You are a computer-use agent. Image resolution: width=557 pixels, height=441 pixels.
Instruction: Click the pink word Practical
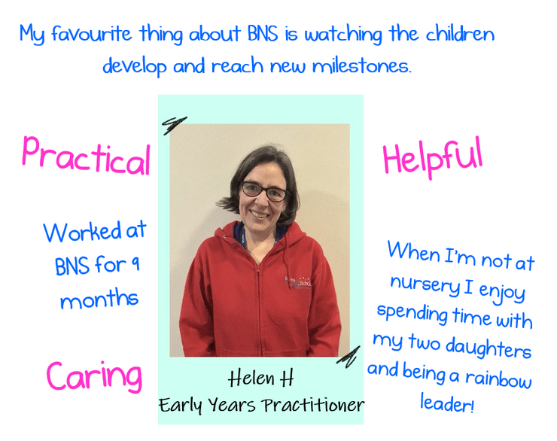(87, 157)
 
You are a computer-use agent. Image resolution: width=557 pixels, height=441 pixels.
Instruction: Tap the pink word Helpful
(433, 157)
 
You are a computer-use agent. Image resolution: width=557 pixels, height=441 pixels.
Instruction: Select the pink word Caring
(94, 377)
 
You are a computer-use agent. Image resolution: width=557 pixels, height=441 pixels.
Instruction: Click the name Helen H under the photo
(260, 378)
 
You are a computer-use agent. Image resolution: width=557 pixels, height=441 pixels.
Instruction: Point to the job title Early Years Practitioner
(261, 405)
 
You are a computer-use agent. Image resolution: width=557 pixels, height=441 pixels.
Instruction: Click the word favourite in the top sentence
(91, 34)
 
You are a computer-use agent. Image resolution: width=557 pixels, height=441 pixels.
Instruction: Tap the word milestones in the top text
(361, 66)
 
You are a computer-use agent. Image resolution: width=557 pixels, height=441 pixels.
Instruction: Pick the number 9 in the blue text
(135, 264)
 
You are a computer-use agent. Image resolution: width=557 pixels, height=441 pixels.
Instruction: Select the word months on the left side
(99, 299)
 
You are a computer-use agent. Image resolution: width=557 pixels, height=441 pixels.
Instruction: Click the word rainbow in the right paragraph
(498, 379)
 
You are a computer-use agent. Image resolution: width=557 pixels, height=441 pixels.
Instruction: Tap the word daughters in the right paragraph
(488, 347)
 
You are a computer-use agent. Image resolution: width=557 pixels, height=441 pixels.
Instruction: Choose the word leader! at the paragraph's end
(447, 403)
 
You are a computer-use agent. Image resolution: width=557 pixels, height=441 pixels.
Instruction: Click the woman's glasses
(265, 191)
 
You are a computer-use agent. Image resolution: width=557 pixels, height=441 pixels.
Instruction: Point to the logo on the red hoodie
(298, 282)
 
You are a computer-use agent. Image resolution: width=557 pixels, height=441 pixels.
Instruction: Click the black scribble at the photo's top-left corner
(174, 125)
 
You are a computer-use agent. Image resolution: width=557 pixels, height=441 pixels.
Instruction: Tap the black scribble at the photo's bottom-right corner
(349, 357)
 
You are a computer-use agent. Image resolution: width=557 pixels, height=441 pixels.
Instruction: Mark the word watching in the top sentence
(343, 35)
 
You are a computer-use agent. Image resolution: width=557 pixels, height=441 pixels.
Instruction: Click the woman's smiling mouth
(260, 214)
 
